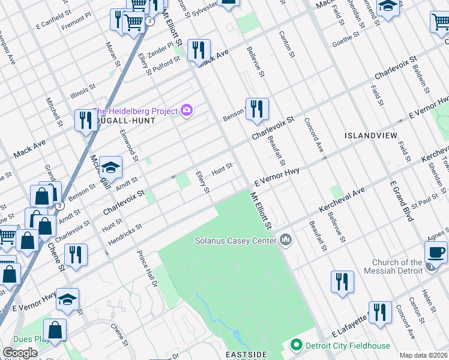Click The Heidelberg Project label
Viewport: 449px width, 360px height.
click(x=135, y=111)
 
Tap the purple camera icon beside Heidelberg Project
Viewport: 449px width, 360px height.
click(x=187, y=110)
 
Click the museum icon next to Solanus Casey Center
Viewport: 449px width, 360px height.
click(x=285, y=241)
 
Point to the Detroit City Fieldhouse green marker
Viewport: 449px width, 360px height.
click(x=295, y=346)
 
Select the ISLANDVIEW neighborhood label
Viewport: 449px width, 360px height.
click(x=370, y=136)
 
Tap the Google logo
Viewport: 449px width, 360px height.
click(x=20, y=353)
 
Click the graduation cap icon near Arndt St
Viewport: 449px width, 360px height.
click(x=110, y=168)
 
